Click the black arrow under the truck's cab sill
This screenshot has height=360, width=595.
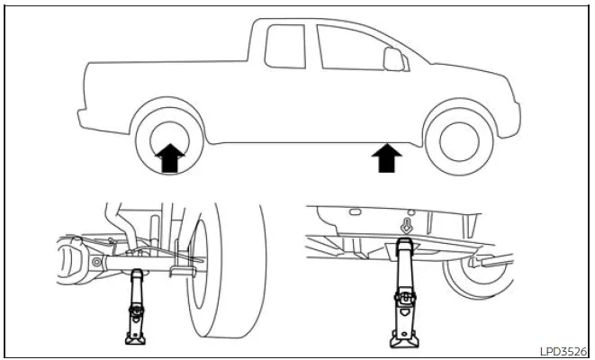(387, 159)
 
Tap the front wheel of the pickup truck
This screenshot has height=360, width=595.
(461, 136)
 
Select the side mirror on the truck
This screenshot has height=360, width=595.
(393, 58)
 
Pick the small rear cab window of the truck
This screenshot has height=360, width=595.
(285, 46)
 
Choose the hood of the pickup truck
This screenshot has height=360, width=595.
(459, 76)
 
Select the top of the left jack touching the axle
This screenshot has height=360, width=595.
(138, 274)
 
